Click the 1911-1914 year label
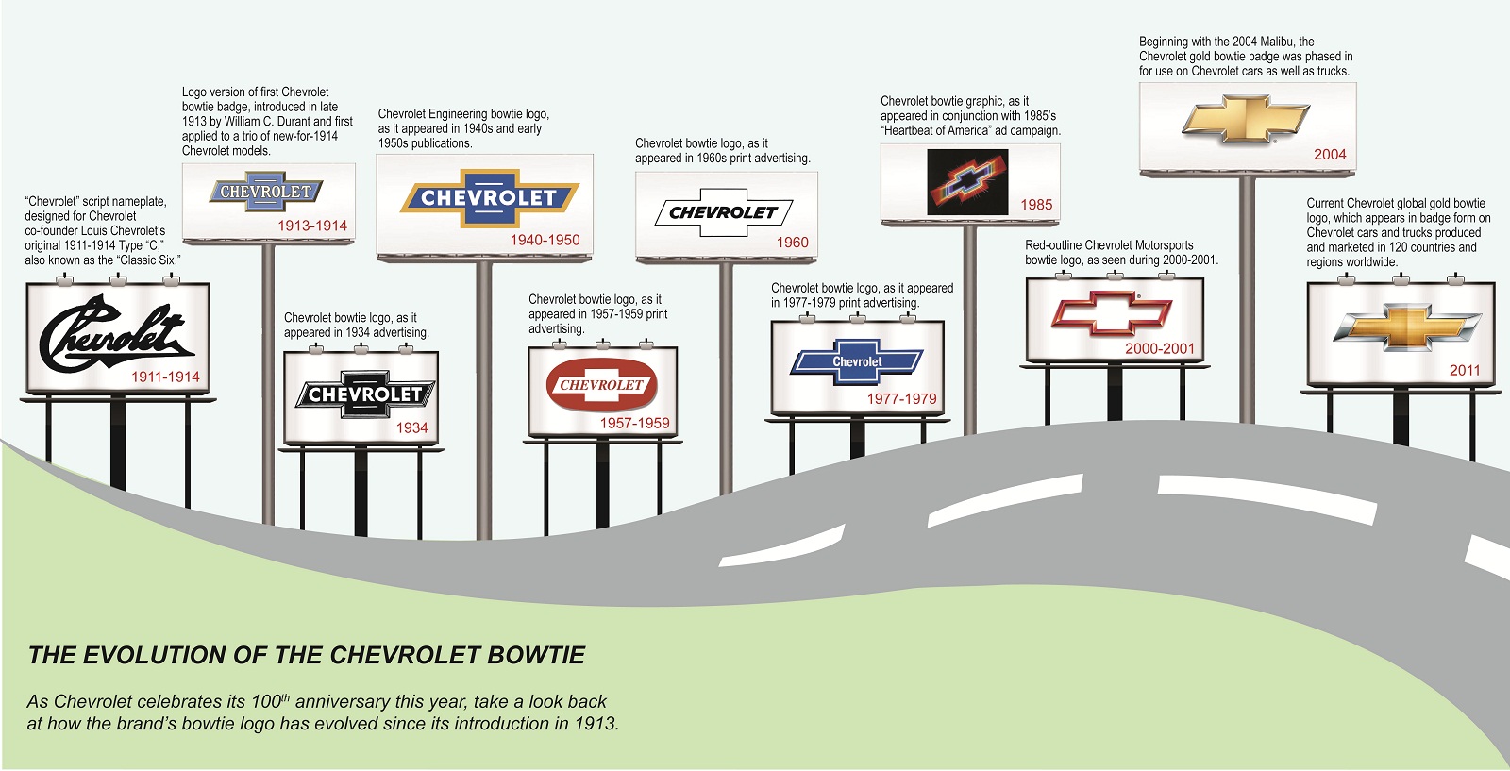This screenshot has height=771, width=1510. click(165, 377)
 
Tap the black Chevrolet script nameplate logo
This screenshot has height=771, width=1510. click(115, 335)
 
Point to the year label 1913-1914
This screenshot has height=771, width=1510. click(312, 226)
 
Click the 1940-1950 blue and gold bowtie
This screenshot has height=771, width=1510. click(489, 198)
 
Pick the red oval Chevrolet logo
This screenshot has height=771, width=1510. click(601, 385)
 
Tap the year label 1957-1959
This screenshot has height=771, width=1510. click(634, 423)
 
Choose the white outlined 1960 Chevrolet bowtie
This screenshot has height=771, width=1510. click(723, 212)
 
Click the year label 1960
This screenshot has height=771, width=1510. click(792, 243)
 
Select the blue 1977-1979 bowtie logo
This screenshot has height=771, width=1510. click(857, 361)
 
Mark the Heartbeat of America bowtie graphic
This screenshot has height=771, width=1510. click(967, 182)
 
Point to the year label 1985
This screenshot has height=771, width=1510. click(1035, 205)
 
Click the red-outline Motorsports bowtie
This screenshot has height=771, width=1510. click(1112, 312)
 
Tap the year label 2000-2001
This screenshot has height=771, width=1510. click(1159, 348)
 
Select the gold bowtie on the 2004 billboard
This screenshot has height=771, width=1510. click(1246, 119)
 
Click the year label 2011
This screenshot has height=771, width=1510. click(1465, 370)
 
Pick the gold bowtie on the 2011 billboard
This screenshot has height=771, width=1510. click(1406, 327)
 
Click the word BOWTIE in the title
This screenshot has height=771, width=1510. click(536, 655)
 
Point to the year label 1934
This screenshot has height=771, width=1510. click(411, 427)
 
